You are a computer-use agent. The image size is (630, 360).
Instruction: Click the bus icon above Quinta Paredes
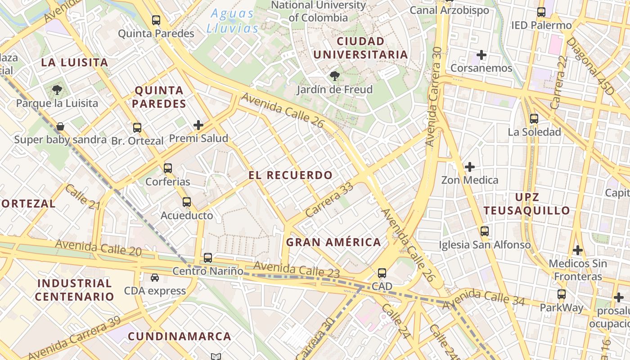tap(156, 20)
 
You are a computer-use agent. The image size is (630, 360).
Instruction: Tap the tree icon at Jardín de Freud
tap(334, 76)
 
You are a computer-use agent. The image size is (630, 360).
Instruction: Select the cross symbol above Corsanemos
tap(481, 55)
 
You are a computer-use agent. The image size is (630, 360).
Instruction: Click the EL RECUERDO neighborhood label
tap(291, 175)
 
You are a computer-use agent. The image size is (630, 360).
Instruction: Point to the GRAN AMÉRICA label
tap(333, 242)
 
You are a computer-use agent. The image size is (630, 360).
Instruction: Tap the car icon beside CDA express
tap(155, 278)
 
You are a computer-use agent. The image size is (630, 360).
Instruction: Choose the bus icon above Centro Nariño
tap(207, 258)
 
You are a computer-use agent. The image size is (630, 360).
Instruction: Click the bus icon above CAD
tap(382, 273)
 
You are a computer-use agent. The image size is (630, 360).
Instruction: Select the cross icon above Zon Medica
tap(469, 167)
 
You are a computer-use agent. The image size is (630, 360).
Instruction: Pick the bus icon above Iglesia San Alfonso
tap(485, 231)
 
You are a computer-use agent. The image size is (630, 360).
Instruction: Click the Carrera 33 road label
tap(329, 200)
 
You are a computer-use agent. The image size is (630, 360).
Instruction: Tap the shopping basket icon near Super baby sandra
tap(60, 126)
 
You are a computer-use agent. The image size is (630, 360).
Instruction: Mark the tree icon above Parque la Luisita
tap(57, 90)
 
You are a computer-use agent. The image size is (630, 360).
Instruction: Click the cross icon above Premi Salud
tap(198, 125)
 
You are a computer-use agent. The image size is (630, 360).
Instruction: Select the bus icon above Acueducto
tap(187, 202)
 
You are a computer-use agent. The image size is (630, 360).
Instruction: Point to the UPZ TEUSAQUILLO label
tap(526, 204)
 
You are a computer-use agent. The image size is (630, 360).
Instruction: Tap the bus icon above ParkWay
tap(561, 294)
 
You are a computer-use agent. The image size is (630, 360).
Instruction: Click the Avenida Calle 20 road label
tap(99, 247)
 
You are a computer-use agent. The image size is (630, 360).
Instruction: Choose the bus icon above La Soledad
tap(534, 119)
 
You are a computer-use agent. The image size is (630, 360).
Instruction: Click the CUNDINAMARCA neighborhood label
tap(180, 336)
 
